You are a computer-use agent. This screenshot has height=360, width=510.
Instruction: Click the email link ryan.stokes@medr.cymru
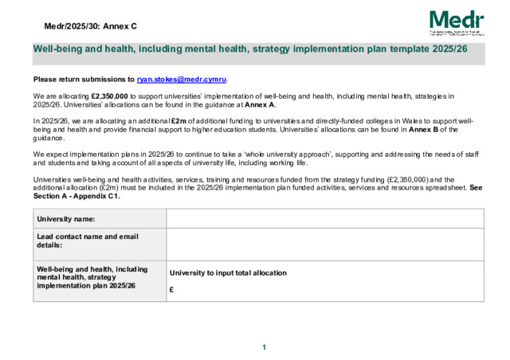182,80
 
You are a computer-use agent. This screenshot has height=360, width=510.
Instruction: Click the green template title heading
249,49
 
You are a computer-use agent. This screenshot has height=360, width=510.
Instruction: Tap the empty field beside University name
325,218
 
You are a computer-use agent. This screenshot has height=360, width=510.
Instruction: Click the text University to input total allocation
228,273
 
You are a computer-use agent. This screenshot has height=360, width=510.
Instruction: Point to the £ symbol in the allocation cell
172,290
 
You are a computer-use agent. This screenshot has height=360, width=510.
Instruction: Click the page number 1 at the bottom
264,347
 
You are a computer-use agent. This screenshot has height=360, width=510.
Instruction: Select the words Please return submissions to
84,80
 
